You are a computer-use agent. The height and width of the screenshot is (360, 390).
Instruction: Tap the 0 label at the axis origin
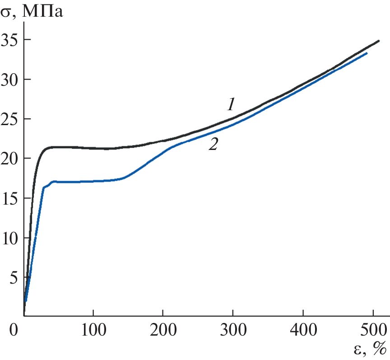pyautogui.click(x=14, y=329)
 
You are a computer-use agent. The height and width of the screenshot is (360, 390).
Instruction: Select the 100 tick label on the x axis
pyautogui.click(x=93, y=329)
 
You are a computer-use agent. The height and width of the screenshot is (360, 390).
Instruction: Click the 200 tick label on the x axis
pyautogui.click(x=163, y=329)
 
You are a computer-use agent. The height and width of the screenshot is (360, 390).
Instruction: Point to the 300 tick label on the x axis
pyautogui.click(x=232, y=329)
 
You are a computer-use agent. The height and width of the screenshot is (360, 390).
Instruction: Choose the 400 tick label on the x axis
pyautogui.click(x=302, y=329)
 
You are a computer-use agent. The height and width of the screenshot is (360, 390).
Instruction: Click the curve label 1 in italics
pyautogui.click(x=231, y=105)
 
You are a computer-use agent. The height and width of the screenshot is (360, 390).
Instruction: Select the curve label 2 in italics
pyautogui.click(x=213, y=145)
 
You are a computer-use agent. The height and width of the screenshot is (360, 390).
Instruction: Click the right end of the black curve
pyautogui.click(x=378, y=41)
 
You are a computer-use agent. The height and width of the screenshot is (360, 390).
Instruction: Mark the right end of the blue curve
pyautogui.click(x=366, y=53)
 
